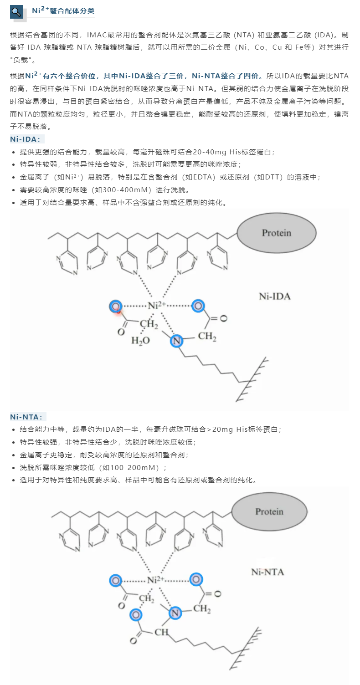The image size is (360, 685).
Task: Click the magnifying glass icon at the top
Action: [x=16, y=12]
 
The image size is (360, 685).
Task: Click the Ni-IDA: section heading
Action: [x=25, y=139]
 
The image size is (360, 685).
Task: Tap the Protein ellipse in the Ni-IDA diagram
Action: [x=277, y=233]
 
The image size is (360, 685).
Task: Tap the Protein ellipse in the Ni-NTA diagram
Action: [x=269, y=511]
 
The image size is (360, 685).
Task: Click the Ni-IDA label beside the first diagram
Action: [x=275, y=296]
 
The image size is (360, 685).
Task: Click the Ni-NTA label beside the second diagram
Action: [x=267, y=572]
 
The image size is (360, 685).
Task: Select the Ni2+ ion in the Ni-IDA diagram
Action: [x=157, y=305]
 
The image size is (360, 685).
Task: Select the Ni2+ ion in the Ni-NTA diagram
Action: [x=156, y=580]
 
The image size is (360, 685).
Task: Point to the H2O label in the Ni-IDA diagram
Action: [x=140, y=340]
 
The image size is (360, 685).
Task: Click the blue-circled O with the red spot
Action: [x=116, y=306]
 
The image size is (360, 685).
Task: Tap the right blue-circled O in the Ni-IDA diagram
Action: [x=198, y=306]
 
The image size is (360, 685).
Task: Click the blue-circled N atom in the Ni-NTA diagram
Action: [x=175, y=613]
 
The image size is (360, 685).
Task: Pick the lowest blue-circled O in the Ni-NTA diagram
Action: [x=136, y=615]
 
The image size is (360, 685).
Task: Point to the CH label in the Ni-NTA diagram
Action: [x=161, y=632]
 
